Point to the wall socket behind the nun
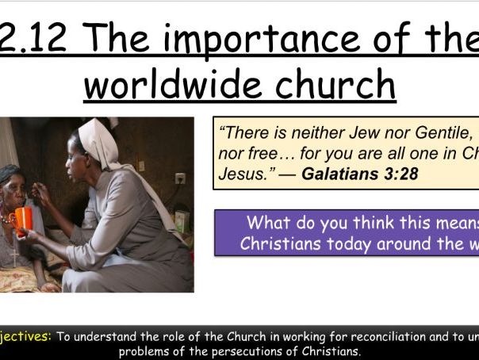click(x=180, y=178)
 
